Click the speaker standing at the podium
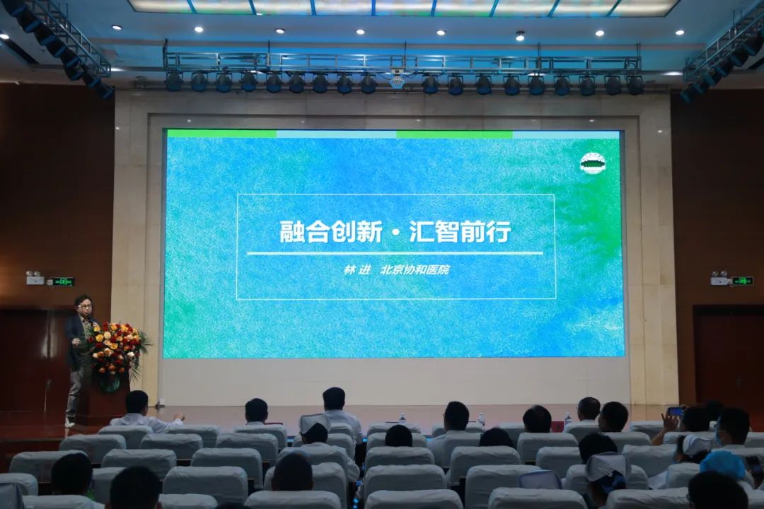(79, 358)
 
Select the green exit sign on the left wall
(62, 281)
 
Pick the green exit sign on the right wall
(742, 281)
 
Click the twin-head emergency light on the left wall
(34, 277)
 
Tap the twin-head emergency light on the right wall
(719, 277)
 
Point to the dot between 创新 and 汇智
(395, 233)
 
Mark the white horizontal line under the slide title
(395, 253)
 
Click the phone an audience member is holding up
(676, 411)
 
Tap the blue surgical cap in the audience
(722, 465)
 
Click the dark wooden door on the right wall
(729, 356)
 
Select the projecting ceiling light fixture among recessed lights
(521, 35)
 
